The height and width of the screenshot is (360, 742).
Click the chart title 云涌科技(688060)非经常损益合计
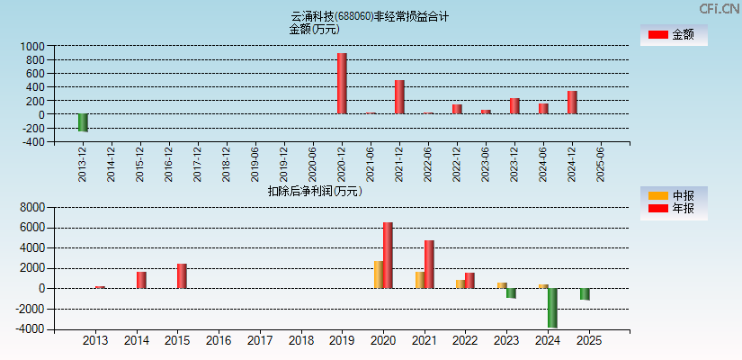coord(370,16)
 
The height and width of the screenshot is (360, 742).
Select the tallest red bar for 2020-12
coord(342,84)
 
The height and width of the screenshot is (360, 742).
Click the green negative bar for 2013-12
coord(83,123)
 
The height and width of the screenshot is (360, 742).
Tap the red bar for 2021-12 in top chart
coord(399,97)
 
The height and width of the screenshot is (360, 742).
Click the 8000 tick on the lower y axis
coord(31,207)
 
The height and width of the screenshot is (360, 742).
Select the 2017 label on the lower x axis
coord(260,341)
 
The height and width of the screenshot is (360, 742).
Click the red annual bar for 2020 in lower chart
coord(388,256)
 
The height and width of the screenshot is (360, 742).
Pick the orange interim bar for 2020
coord(379,274)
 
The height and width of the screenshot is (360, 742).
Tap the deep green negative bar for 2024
coord(552,308)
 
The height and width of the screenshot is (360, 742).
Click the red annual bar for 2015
coord(182,276)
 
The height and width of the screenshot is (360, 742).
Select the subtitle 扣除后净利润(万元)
coord(314,191)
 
